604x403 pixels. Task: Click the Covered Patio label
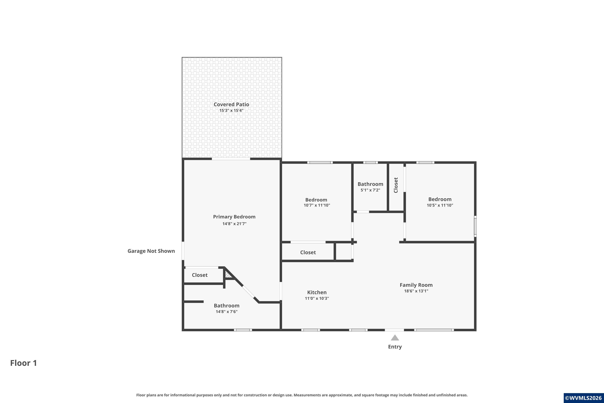(231, 104)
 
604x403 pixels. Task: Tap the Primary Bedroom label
(234, 217)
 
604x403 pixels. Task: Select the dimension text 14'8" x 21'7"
(234, 224)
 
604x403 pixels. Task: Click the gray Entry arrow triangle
(395, 338)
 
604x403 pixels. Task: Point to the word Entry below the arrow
(395, 347)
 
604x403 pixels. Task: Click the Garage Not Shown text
(151, 251)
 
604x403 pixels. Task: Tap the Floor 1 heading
(24, 363)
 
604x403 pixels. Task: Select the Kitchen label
(317, 292)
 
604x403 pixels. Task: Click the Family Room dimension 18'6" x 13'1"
(416, 291)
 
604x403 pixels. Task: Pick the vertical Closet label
(396, 185)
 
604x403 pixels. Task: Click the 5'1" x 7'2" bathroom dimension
(370, 190)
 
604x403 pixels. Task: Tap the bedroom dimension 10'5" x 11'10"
(440, 205)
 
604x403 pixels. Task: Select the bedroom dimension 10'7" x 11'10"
(317, 205)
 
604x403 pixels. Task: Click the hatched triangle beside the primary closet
(228, 275)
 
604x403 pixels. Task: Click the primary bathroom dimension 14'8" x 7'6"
(226, 312)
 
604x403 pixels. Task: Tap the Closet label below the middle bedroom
(308, 252)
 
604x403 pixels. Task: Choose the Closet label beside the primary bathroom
(200, 275)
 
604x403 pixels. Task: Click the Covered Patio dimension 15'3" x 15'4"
(231, 110)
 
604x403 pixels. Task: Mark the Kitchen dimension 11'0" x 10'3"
(317, 298)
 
